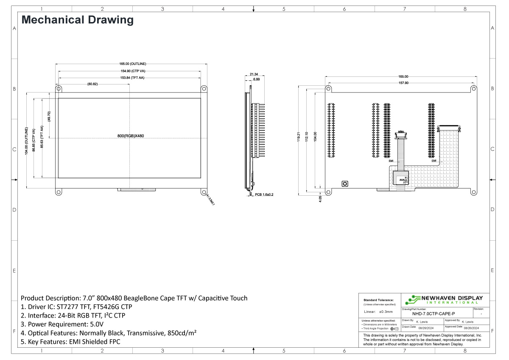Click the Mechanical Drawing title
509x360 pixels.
tap(77, 20)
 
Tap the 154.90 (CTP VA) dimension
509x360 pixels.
tap(130, 71)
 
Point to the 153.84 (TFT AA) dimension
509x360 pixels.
tap(130, 78)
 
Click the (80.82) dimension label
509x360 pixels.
tap(92, 84)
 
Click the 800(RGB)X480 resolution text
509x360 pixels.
tap(131, 136)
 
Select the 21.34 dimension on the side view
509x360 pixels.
tap(254, 74)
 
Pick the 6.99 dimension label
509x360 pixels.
tap(257, 79)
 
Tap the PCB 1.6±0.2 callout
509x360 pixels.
tap(264, 194)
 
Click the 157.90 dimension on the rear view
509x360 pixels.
tap(403, 83)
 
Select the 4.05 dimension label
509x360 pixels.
tap(321, 198)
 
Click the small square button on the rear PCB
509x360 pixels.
tap(345, 184)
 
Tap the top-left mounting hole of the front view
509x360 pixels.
tap(59, 89)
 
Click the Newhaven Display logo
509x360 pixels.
tap(444, 299)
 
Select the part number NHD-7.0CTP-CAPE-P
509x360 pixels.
tap(430, 313)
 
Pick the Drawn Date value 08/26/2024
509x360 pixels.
tap(427, 328)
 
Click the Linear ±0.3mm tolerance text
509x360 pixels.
tap(379, 312)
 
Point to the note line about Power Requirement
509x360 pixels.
tap(62, 324)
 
